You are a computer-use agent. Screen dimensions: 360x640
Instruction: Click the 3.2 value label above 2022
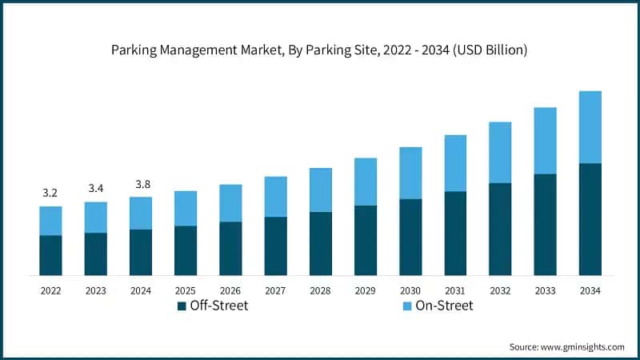(50, 193)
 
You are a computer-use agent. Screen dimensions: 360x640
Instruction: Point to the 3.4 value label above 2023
(95, 188)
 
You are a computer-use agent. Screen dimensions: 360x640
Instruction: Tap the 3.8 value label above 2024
(141, 184)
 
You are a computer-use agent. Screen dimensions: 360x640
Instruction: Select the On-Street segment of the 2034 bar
(590, 127)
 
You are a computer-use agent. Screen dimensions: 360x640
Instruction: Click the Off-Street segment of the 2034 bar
(590, 219)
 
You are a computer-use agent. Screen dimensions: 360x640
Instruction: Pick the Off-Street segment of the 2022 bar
(50, 255)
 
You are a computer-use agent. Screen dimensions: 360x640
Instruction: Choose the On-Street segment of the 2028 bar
(320, 190)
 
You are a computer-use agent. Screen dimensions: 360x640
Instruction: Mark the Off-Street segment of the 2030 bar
(410, 237)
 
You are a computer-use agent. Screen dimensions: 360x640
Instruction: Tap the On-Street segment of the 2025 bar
(186, 208)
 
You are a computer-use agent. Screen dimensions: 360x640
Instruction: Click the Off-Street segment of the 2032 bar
(500, 229)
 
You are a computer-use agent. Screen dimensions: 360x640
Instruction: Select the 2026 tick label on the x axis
(230, 290)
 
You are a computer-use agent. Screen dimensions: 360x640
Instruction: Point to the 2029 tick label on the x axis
(365, 290)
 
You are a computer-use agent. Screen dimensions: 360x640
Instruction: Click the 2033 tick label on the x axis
(545, 290)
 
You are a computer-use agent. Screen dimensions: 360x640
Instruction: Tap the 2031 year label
(455, 290)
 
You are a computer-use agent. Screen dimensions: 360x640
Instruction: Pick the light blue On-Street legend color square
(406, 306)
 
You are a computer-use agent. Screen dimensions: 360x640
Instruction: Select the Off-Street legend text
(218, 306)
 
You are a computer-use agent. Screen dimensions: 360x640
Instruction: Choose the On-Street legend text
(444, 306)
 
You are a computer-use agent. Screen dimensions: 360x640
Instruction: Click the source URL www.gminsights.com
(582, 346)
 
